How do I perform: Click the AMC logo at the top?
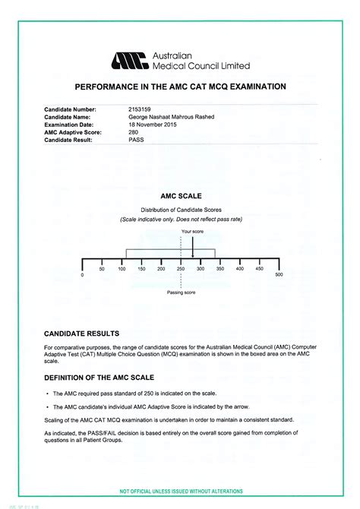pos(131,61)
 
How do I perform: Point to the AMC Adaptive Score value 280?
pos(134,132)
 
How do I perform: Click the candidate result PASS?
pos(137,140)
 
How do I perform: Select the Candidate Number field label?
pos(71,110)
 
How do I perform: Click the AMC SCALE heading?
pos(181,195)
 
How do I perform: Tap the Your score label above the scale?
pos(191,230)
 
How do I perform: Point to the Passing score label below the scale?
pos(182,292)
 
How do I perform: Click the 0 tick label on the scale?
pos(82,275)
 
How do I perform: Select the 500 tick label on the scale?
pos(278,275)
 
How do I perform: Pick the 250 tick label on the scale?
pos(181,269)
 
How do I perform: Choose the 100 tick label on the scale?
pos(122,269)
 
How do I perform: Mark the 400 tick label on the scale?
pos(239,269)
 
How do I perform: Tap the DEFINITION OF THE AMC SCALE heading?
pos(99,378)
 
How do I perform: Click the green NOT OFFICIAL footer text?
pos(181,492)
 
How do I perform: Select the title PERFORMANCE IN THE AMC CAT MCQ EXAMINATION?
pos(180,87)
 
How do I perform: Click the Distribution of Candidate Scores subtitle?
pos(181,209)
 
